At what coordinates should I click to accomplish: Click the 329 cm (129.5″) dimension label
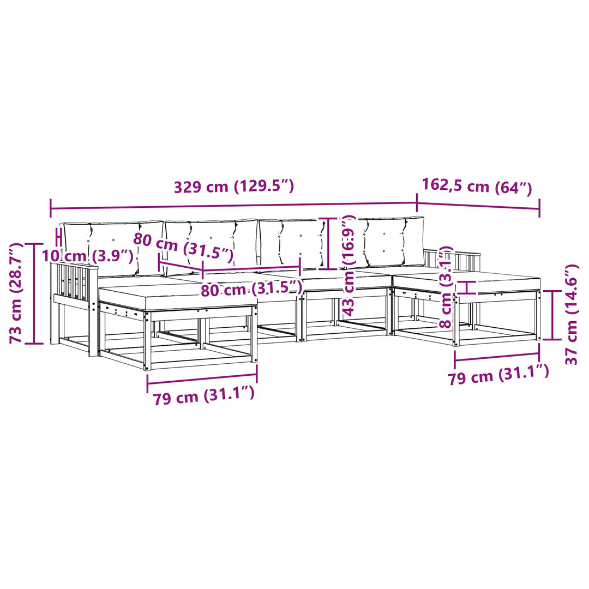pos(233,187)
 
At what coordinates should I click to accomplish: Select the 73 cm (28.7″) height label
pos(16,293)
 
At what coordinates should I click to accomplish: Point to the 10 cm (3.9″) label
pos(87,256)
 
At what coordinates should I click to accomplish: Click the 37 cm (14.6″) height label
pos(571,314)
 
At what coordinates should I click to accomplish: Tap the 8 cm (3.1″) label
pos(446,287)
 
